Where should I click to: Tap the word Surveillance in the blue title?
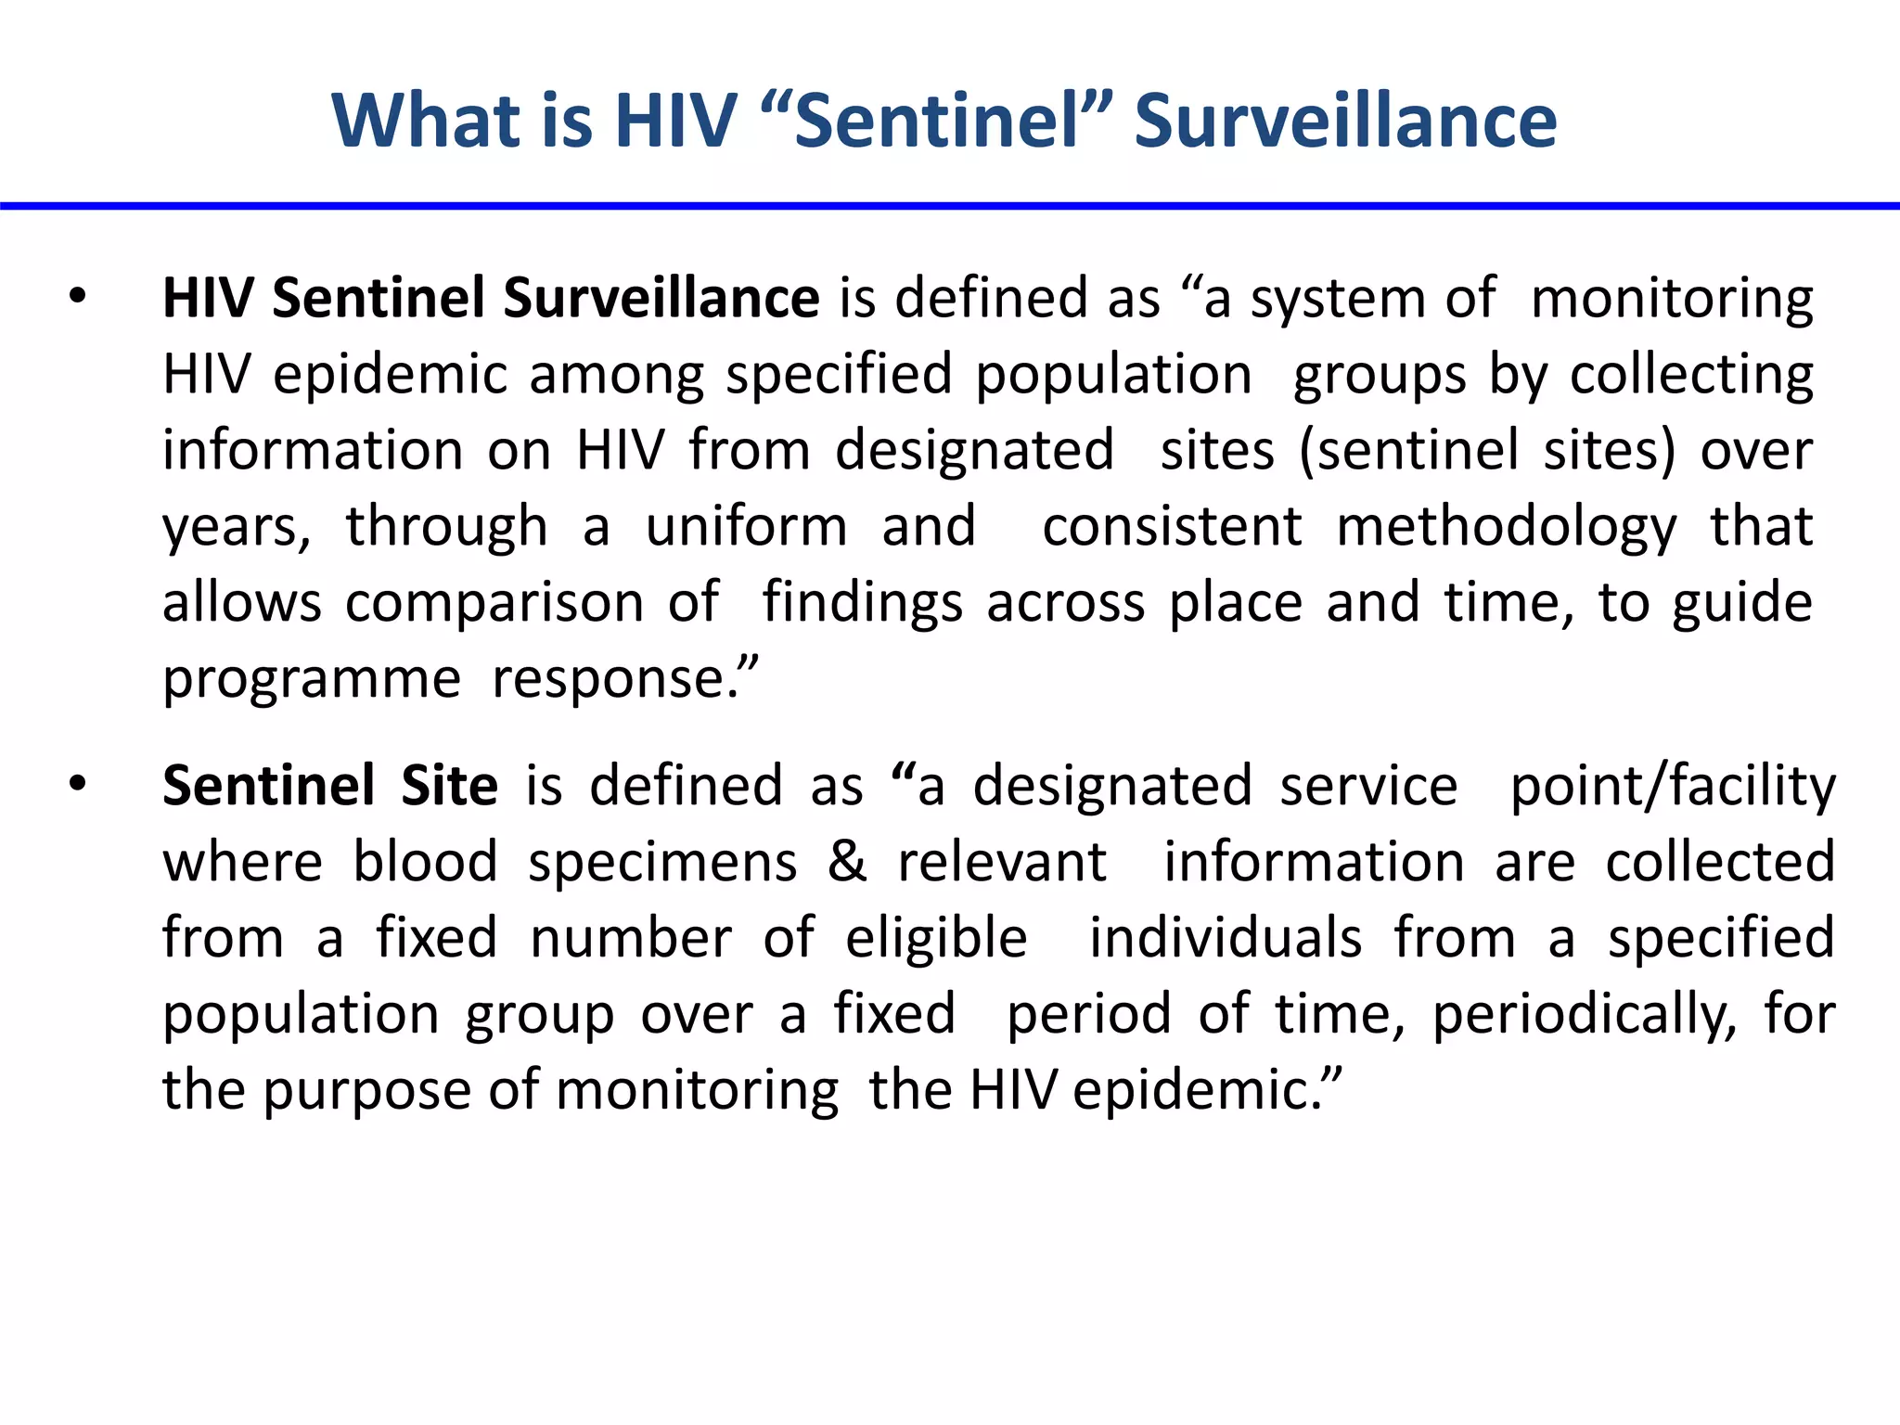click(x=1345, y=121)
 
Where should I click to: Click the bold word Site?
click(x=449, y=785)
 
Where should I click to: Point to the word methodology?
click(x=1506, y=528)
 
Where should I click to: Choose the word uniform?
click(x=746, y=526)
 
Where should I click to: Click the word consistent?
click(x=1173, y=526)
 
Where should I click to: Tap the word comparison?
click(x=494, y=604)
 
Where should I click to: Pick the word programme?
click(x=312, y=680)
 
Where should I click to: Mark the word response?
click(x=615, y=680)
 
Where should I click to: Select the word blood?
click(x=426, y=861)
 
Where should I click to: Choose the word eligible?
click(x=936, y=938)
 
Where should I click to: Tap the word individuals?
click(x=1226, y=937)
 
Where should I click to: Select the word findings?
click(x=862, y=604)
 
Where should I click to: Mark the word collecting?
click(x=1691, y=376)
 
